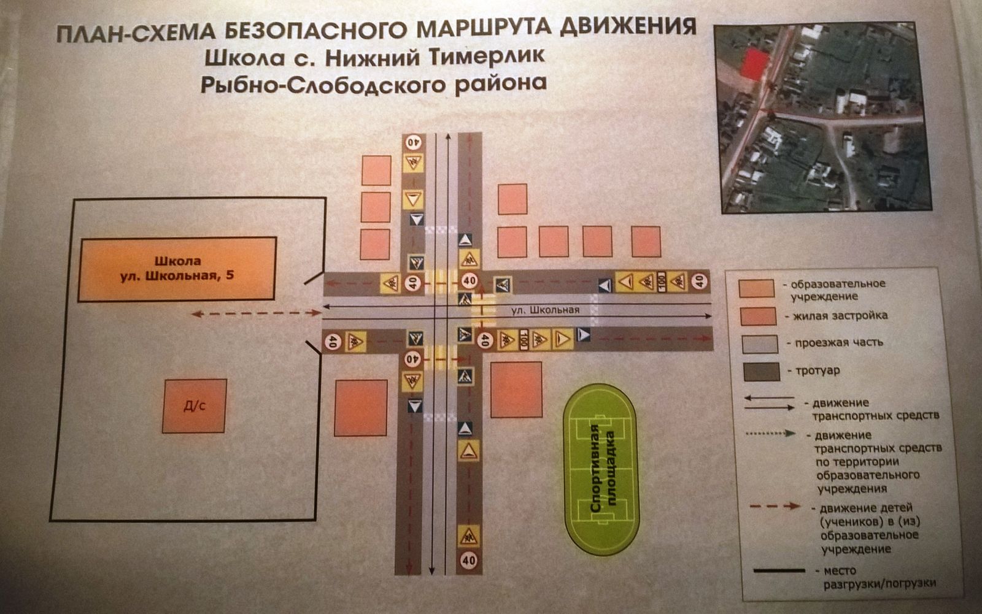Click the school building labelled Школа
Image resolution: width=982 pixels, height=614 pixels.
(177, 269)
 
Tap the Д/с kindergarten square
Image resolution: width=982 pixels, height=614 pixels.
(195, 406)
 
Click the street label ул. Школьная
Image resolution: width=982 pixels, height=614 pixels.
(545, 310)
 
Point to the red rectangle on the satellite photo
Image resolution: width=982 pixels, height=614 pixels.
(754, 64)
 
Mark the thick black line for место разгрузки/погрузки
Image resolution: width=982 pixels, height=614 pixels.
(779, 570)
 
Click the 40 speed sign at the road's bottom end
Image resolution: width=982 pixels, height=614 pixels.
(468, 559)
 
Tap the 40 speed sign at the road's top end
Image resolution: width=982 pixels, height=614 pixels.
(413, 142)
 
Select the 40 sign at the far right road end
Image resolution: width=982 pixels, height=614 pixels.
(699, 282)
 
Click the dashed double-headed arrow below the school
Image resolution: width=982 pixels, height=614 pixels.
(256, 313)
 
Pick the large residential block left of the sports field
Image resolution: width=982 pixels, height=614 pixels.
(516, 390)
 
